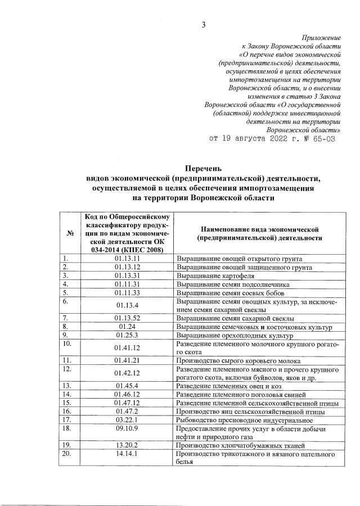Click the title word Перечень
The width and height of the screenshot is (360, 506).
[x=204, y=168]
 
